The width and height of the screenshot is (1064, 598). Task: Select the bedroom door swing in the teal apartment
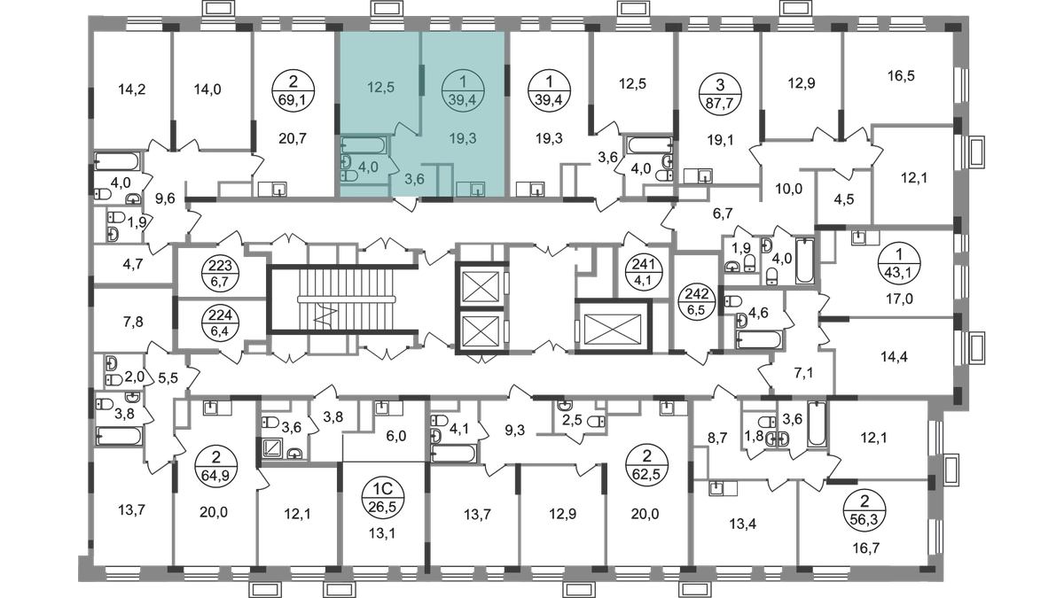(407, 128)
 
